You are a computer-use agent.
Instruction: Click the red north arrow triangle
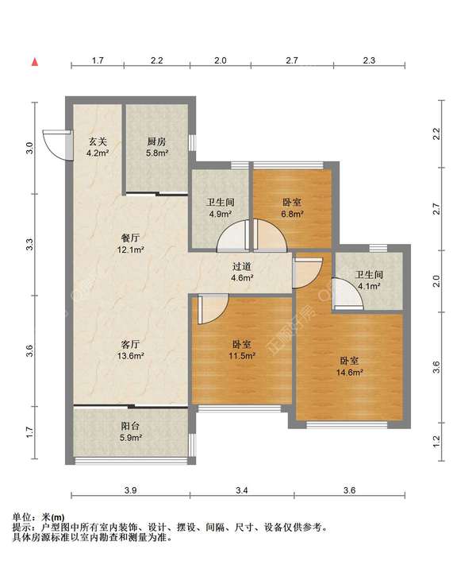click(x=35, y=62)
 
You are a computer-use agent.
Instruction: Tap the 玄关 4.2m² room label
click(x=98, y=147)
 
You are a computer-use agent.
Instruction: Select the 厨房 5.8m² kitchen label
click(x=157, y=147)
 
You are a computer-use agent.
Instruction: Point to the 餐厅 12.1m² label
click(x=130, y=243)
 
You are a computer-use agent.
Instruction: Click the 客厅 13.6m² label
click(x=130, y=350)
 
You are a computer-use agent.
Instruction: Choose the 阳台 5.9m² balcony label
click(x=130, y=431)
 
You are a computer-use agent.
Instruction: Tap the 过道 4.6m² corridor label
click(x=242, y=272)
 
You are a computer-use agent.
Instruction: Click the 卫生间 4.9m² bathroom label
click(x=221, y=208)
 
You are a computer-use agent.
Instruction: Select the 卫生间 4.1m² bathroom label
click(x=369, y=280)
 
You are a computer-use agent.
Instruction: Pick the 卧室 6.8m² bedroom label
click(x=292, y=208)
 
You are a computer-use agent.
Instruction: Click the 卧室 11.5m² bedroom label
click(x=242, y=350)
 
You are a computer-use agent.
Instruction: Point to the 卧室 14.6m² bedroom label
click(x=350, y=366)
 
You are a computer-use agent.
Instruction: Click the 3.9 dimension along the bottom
click(x=130, y=490)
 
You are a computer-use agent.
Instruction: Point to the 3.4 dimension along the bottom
click(x=242, y=490)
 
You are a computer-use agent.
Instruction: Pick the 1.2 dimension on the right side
click(x=436, y=442)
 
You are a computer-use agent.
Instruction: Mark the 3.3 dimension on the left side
click(x=30, y=245)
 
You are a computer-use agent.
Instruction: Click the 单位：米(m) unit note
click(x=39, y=517)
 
